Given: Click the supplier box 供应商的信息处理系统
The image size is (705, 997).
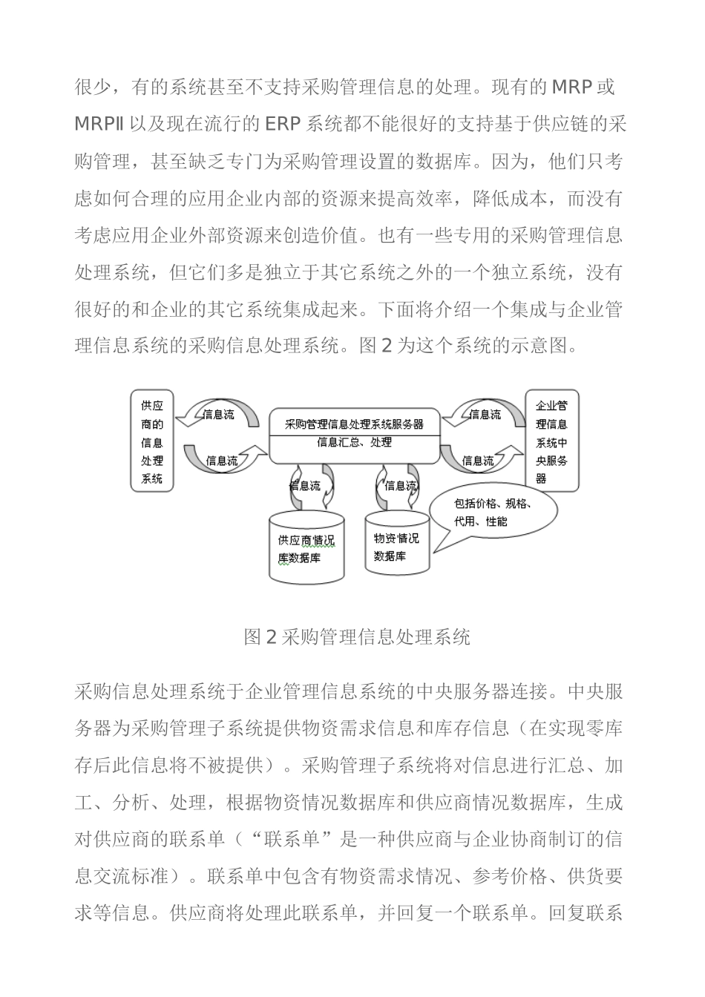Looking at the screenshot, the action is tap(152, 441).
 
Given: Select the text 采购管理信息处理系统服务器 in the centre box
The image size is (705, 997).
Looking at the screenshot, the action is tap(354, 424).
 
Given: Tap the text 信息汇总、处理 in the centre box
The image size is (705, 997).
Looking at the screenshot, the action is tap(354, 443).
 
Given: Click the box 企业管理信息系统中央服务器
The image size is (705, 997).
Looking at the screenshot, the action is tap(551, 441).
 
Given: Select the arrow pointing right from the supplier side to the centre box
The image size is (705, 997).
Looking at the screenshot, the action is tap(223, 459).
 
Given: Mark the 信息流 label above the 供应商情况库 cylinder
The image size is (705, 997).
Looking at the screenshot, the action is tap(305, 486).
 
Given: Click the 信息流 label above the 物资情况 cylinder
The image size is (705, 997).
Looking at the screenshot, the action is tap(401, 486).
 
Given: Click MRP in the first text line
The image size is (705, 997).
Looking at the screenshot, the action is tap(571, 88).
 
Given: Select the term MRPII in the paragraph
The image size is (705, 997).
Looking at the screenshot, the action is tap(99, 124).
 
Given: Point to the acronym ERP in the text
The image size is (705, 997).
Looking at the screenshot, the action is tap(283, 124).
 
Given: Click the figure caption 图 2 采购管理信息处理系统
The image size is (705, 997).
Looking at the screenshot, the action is tap(357, 636).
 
